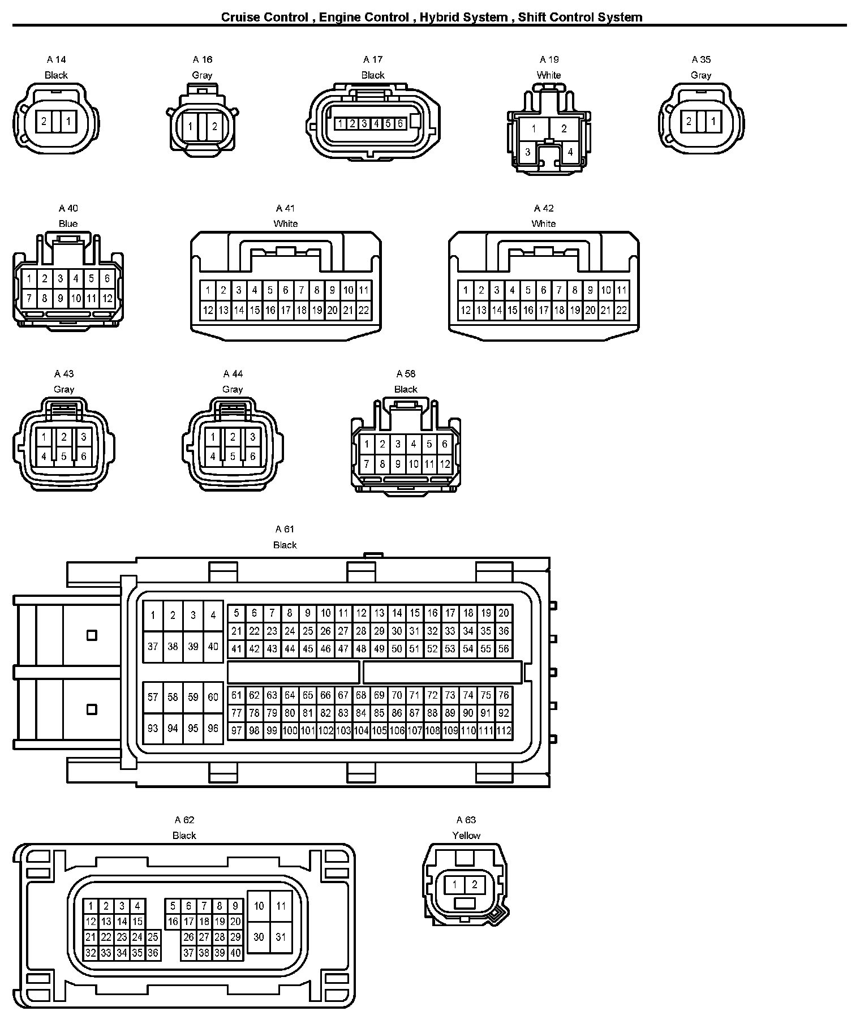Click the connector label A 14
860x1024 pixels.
point(56,59)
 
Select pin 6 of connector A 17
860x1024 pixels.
point(400,123)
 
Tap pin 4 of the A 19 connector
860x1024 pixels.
point(570,152)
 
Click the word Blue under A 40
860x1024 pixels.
point(68,223)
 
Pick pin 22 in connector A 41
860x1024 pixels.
point(364,310)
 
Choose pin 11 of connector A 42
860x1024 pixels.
point(622,290)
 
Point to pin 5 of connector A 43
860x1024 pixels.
point(64,456)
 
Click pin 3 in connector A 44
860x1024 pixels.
point(252,437)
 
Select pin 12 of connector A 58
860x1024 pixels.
point(445,464)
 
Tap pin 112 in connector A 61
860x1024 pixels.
point(504,730)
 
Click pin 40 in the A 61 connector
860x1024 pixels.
point(213,646)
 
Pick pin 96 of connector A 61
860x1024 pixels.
point(213,728)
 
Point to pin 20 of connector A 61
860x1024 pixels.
point(504,613)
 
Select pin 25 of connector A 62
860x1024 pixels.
point(153,937)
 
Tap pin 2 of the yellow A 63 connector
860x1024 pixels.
point(475,885)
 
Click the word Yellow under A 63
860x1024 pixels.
point(466,835)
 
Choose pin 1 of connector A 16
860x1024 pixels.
point(191,126)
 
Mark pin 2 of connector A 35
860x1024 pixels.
point(689,121)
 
